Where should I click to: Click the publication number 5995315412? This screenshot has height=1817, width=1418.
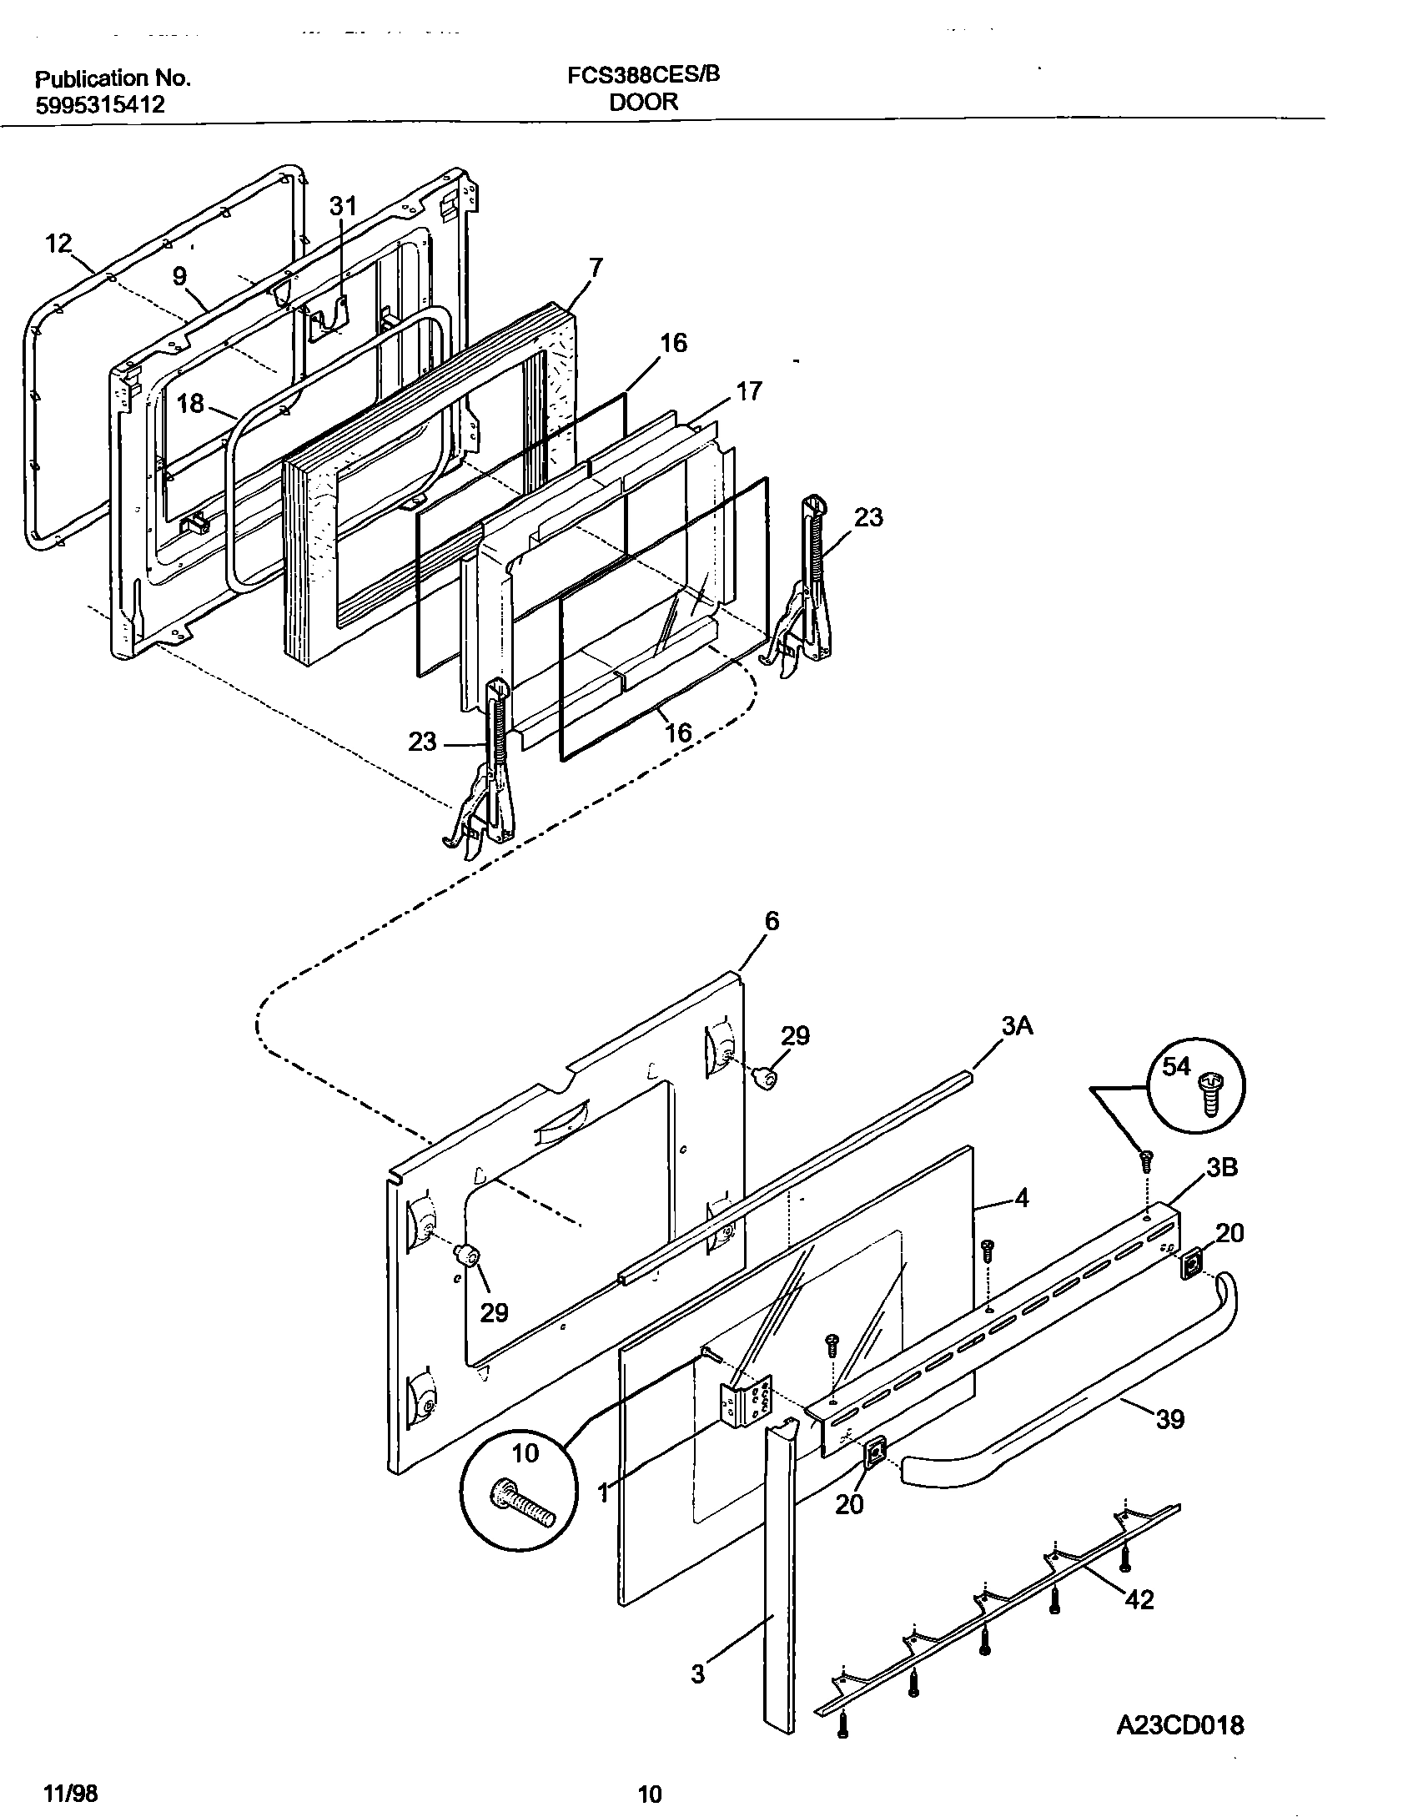[x=99, y=105]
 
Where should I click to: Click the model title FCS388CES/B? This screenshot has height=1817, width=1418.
[x=643, y=76]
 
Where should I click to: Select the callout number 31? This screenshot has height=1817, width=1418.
[x=342, y=206]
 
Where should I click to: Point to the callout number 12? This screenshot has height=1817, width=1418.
[x=58, y=244]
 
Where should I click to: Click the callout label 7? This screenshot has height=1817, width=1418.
[x=595, y=268]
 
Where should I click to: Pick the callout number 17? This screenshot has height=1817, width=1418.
[x=748, y=390]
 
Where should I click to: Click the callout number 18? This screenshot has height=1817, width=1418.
[x=190, y=404]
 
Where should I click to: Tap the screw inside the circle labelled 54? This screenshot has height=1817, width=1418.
[x=1207, y=1095]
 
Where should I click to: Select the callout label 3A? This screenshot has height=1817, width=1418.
[x=1017, y=1026]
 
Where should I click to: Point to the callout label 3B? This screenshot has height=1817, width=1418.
[x=1222, y=1168]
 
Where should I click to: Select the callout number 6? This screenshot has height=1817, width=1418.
[x=772, y=921]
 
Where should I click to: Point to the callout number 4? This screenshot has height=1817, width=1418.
[x=1021, y=1199]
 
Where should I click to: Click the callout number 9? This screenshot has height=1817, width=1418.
[x=179, y=276]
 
